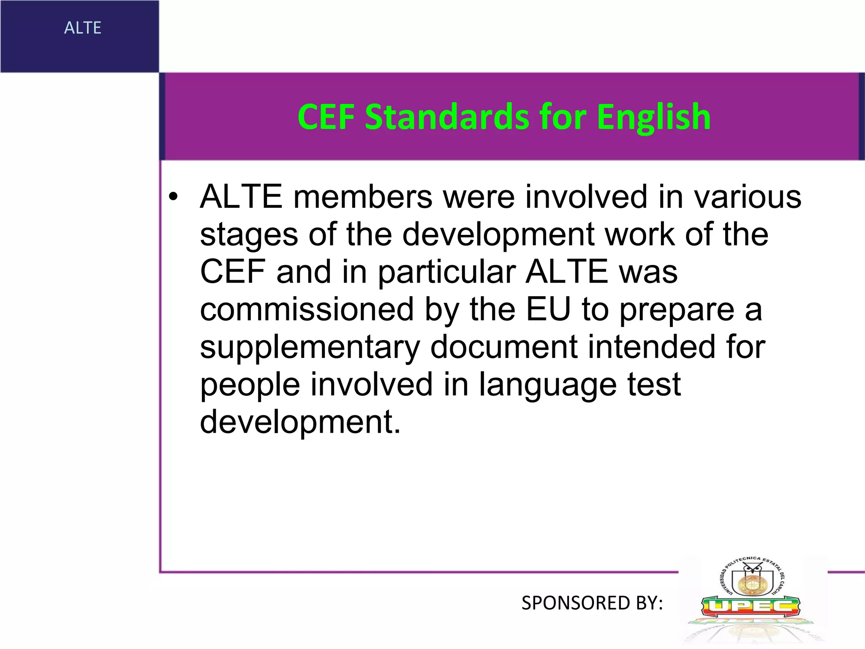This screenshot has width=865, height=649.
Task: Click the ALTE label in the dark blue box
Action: pyautogui.click(x=83, y=28)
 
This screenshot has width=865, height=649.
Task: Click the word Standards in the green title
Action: pyautogui.click(x=446, y=117)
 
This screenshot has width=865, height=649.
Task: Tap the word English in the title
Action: pyautogui.click(x=653, y=117)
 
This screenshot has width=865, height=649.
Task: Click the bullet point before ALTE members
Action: pyautogui.click(x=173, y=197)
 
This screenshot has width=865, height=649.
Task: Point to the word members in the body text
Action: pyautogui.click(x=363, y=197)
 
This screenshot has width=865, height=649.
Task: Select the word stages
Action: pyautogui.click(x=249, y=235)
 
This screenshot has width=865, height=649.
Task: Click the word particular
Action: pyautogui.click(x=447, y=273)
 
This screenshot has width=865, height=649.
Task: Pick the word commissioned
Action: pyautogui.click(x=307, y=310)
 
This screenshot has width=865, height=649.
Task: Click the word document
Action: pyautogui.click(x=504, y=347)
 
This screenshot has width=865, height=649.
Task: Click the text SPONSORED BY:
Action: pyautogui.click(x=592, y=603)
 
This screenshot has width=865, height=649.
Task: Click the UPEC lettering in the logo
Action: pyautogui.click(x=751, y=607)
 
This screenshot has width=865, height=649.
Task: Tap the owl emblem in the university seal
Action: pyautogui.click(x=752, y=569)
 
